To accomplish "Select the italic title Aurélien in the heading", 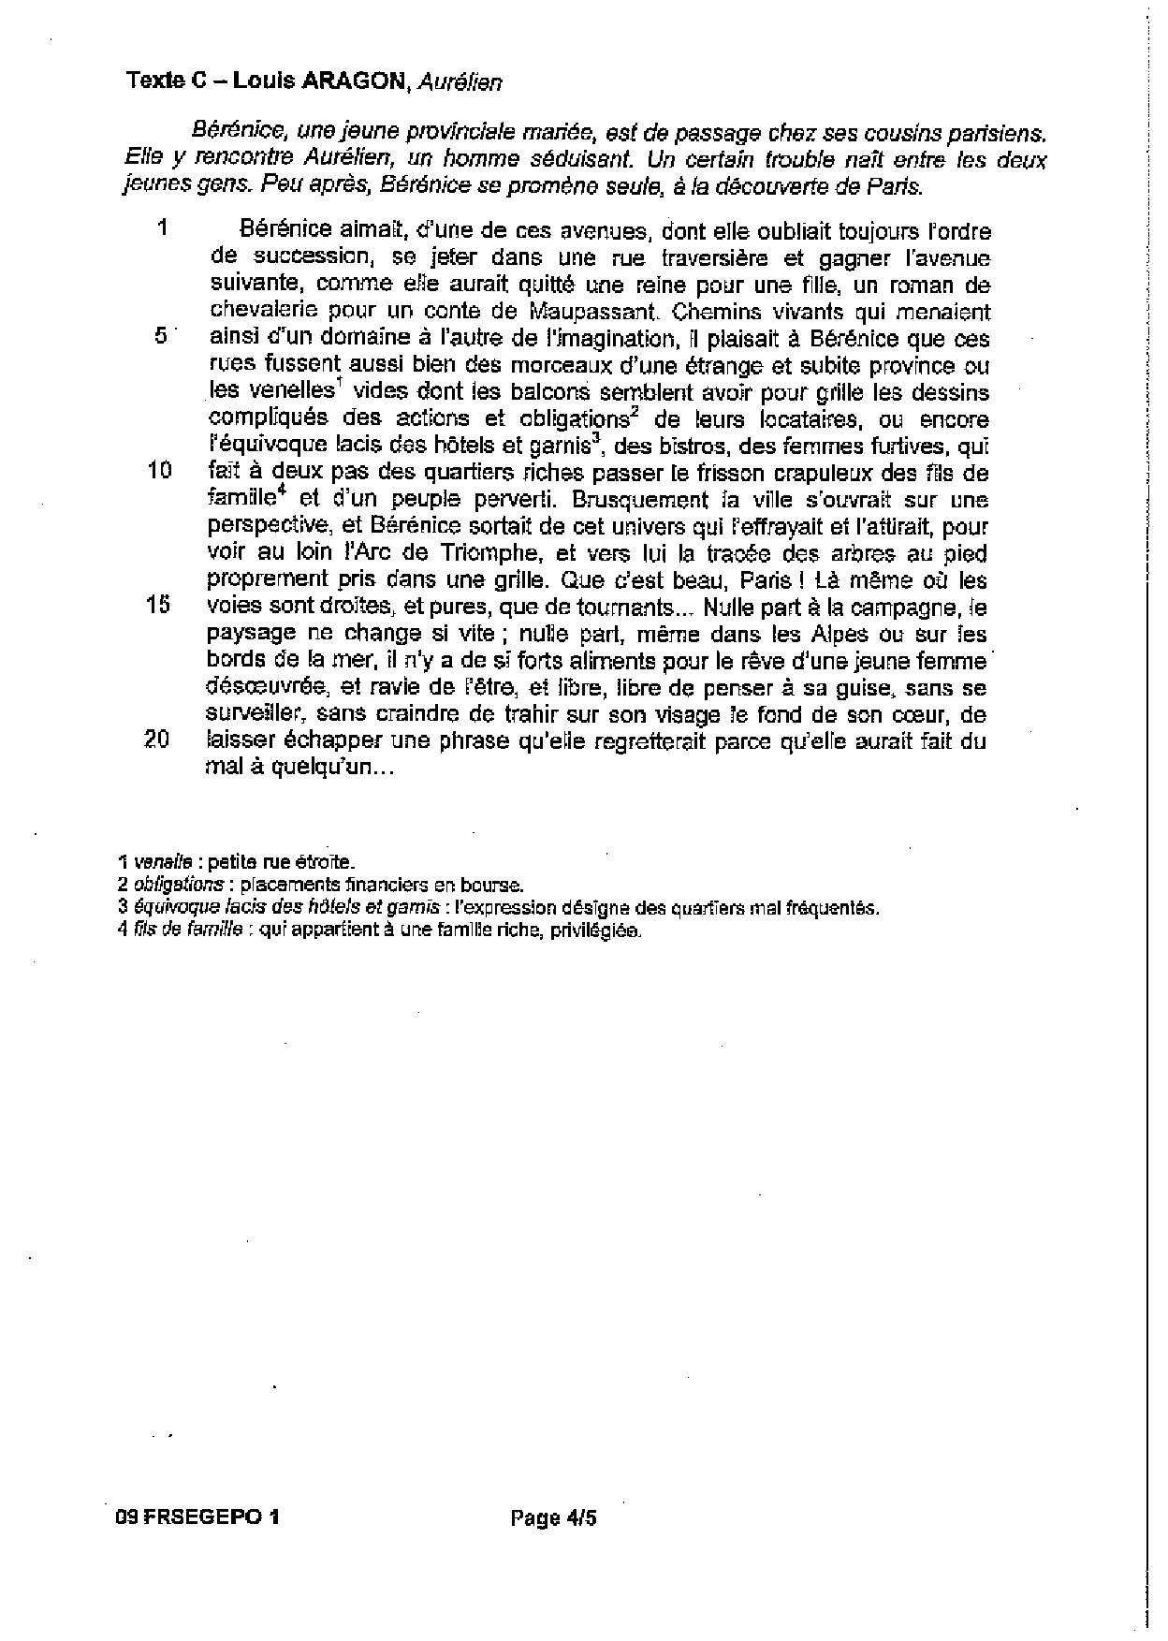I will point(460,82).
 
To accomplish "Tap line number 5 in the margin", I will point(161,337).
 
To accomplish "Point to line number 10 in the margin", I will point(160,471).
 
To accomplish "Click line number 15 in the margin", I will point(158,605).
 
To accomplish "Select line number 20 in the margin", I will point(157,740).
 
